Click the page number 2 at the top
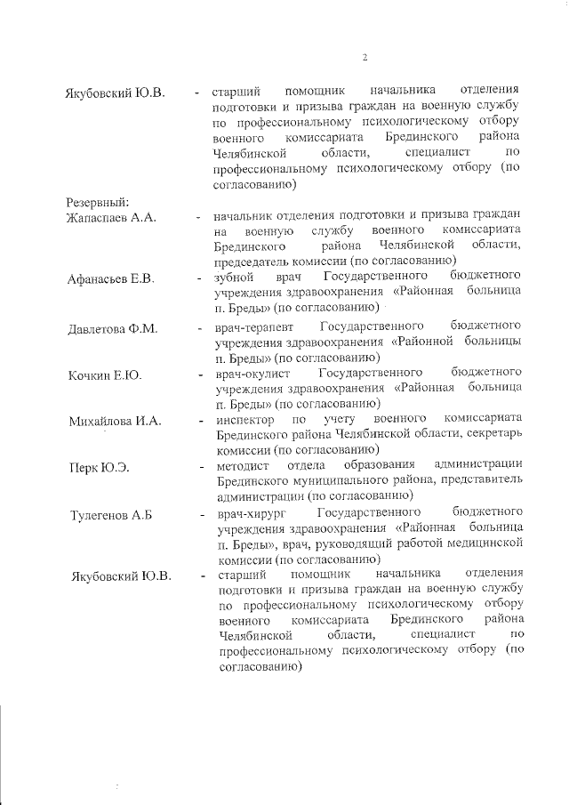tap(365, 59)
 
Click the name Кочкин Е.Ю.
tap(107, 375)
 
